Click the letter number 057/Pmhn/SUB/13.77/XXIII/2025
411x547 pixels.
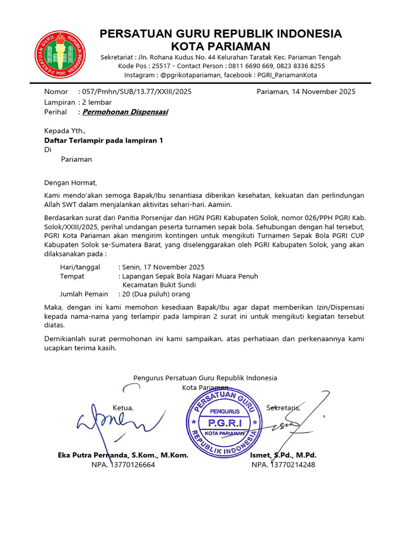pos(134,91)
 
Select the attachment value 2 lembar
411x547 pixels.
pos(96,102)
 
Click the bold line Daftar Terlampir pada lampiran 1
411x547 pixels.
pos(103,140)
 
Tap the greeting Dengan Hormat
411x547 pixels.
pos(71,183)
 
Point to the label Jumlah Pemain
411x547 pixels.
pos(83,294)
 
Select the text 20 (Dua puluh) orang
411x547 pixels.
pos(156,294)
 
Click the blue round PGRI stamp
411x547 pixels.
pos(224,420)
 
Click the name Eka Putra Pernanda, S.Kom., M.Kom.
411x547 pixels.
pos(123,456)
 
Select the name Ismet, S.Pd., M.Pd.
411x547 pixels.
pos(283,456)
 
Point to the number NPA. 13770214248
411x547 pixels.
pos(283,465)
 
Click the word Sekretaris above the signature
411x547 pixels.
pos(283,408)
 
